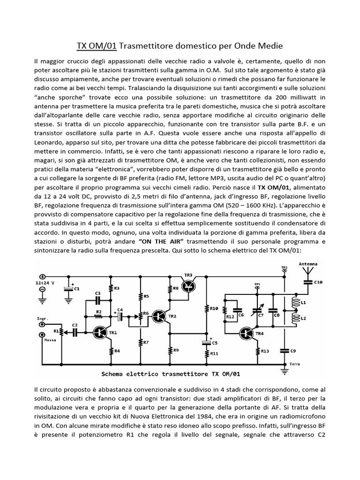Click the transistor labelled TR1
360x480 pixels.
[x=99, y=331]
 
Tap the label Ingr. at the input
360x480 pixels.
[x=43, y=318]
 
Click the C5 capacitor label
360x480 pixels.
[x=214, y=343]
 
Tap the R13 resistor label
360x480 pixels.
[x=265, y=350]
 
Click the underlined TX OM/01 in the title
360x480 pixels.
[x=97, y=45]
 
